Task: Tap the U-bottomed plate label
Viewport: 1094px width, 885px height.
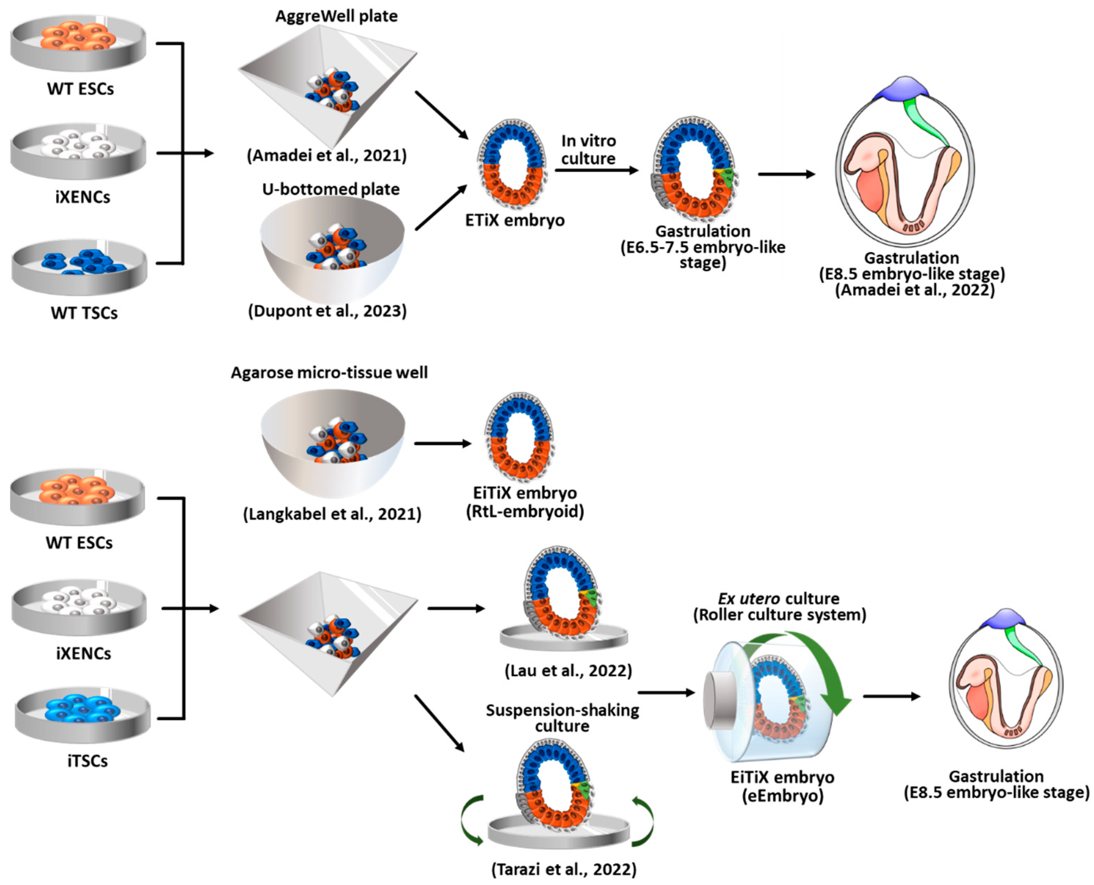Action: click(x=331, y=189)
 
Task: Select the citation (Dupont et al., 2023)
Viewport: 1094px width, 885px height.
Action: click(x=327, y=311)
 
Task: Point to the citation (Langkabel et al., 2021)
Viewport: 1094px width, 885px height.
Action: click(x=332, y=514)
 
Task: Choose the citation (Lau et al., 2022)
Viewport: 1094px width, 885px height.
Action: click(x=568, y=670)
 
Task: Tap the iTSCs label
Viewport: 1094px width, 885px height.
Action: click(x=87, y=761)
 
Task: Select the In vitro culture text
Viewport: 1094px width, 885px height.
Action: click(x=589, y=149)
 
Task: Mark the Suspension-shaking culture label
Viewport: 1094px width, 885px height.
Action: click(x=562, y=718)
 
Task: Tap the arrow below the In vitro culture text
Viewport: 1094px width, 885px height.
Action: click(x=597, y=170)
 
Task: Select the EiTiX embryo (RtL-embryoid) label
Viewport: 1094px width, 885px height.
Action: click(x=525, y=502)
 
